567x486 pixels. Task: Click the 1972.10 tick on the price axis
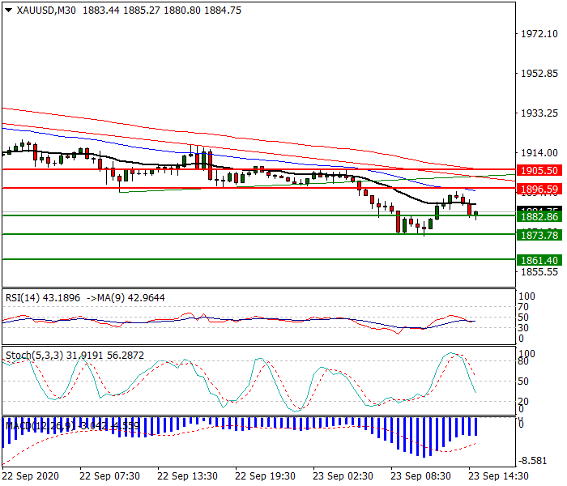click(539, 34)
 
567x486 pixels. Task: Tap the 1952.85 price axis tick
click(539, 74)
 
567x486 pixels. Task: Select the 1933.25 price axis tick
click(539, 113)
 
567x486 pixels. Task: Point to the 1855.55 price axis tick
click(539, 272)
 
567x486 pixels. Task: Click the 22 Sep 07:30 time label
click(110, 475)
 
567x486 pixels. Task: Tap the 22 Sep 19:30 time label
click(266, 475)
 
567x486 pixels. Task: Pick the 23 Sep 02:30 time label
click(343, 475)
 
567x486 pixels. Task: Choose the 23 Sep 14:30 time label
click(499, 475)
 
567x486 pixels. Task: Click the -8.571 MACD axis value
click(537, 458)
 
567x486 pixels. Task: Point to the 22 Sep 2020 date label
click(31, 475)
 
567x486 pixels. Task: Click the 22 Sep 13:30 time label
click(188, 475)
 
